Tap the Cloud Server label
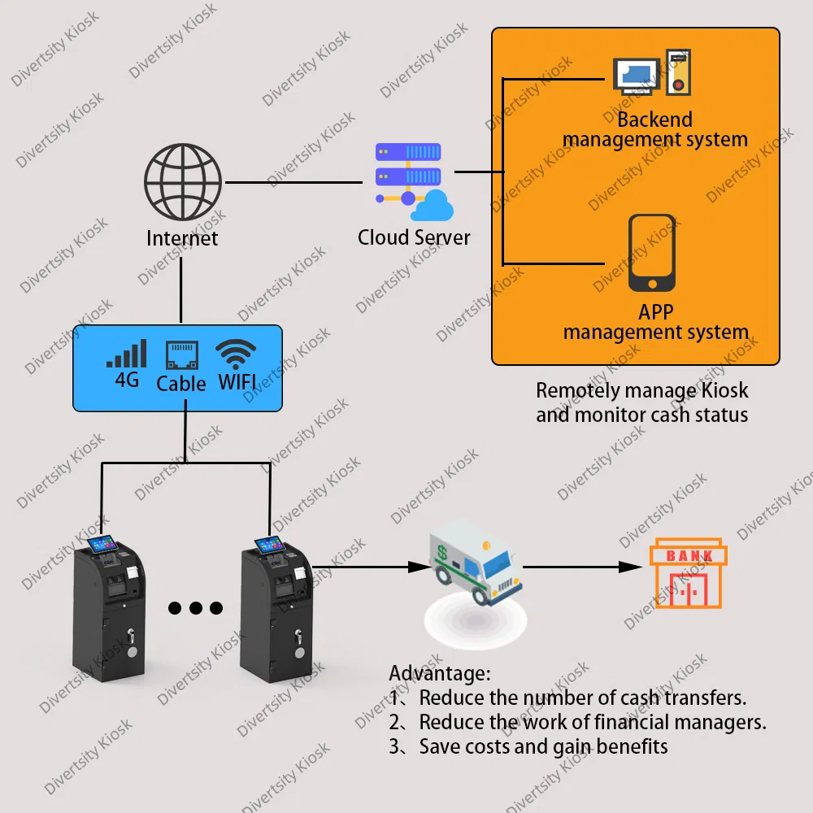pyautogui.click(x=414, y=237)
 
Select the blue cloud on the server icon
pyautogui.click(x=432, y=206)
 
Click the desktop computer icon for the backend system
pyautogui.click(x=635, y=75)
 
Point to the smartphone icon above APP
pyautogui.click(x=652, y=253)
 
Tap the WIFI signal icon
pyautogui.click(x=236, y=354)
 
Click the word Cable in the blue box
pyautogui.click(x=181, y=383)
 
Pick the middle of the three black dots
pyautogui.click(x=195, y=607)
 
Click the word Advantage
pyautogui.click(x=439, y=673)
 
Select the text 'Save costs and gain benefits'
pyautogui.click(x=543, y=746)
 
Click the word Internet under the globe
pyautogui.click(x=182, y=238)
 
